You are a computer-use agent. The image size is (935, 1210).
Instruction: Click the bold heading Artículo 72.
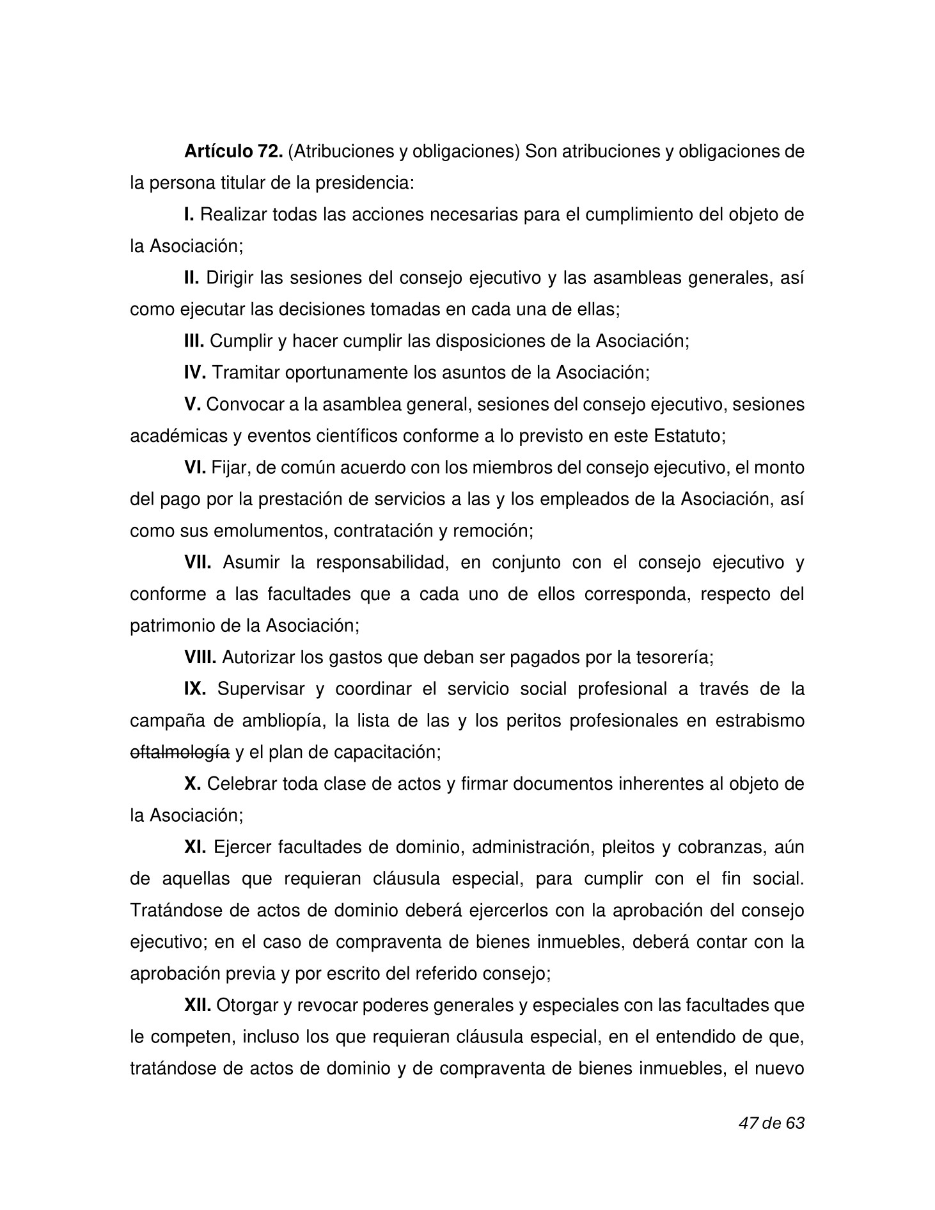(233, 152)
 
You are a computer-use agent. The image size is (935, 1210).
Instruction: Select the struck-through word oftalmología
(179, 752)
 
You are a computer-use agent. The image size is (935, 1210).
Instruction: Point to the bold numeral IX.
(195, 689)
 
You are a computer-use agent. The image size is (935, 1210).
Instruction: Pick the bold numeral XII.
(198, 1005)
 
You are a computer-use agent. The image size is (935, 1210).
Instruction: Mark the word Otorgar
(246, 1005)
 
